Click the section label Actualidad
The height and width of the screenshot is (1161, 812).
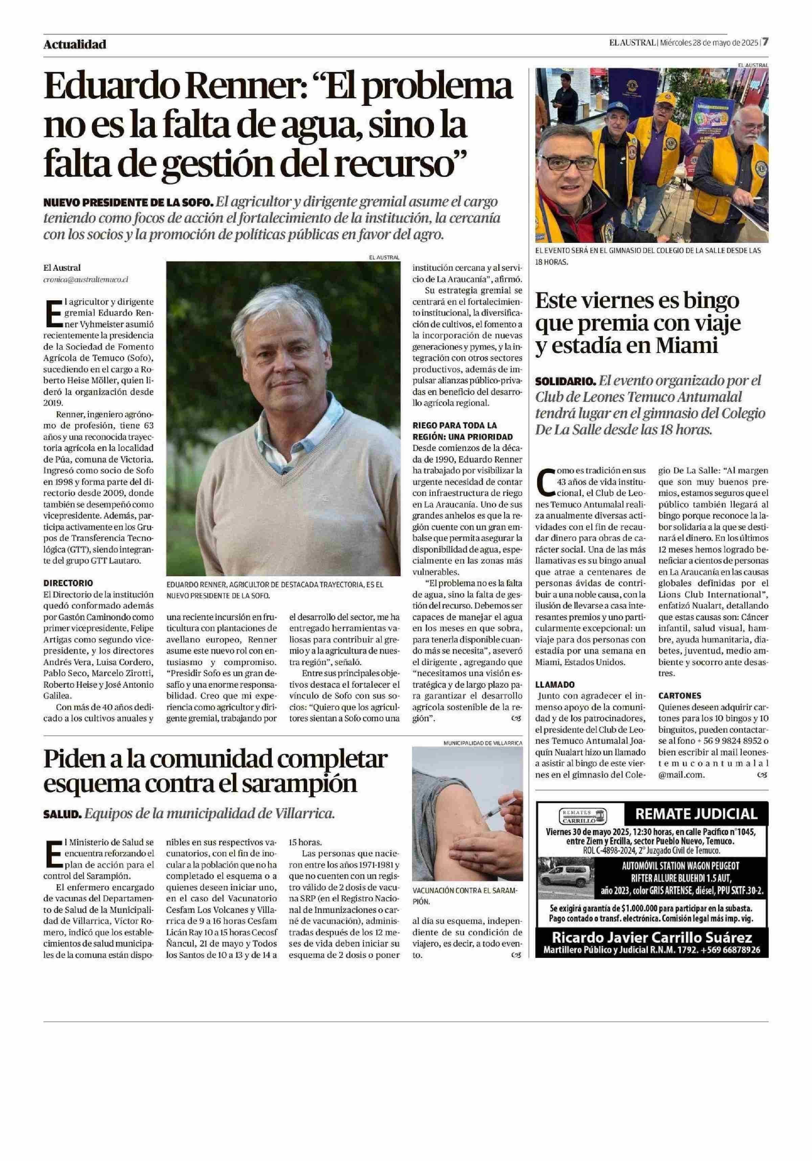coord(75,44)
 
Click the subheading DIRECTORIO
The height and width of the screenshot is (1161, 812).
coord(68,583)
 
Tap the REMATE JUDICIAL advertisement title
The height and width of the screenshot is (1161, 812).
coord(696,814)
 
